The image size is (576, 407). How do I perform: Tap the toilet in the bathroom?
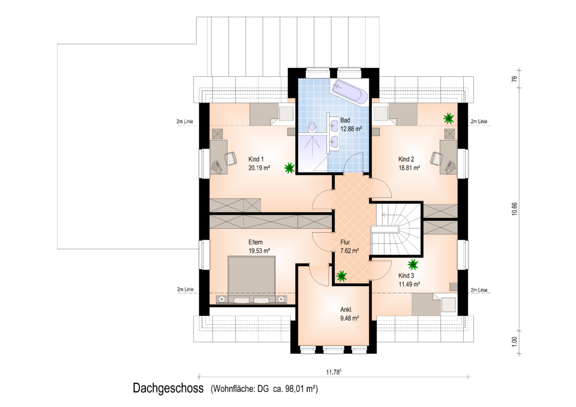click(x=312, y=127)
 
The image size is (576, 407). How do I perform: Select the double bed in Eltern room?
click(x=252, y=279)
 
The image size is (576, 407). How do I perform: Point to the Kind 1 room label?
click(x=256, y=159)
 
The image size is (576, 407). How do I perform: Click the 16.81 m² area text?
click(x=409, y=168)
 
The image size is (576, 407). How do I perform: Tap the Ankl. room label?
click(x=346, y=310)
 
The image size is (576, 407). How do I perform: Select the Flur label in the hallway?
click(x=345, y=242)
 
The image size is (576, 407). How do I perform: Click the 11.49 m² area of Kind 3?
click(x=409, y=284)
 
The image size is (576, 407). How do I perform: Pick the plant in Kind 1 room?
click(x=289, y=168)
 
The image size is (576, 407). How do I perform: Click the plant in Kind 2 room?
click(x=448, y=118)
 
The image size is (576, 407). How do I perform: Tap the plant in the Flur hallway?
click(x=342, y=276)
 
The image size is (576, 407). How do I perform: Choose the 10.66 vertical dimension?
click(x=514, y=208)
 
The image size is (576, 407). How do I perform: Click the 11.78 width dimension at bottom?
click(x=334, y=372)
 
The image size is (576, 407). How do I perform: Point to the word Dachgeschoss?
click(x=168, y=388)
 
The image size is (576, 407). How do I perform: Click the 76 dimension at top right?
click(x=514, y=78)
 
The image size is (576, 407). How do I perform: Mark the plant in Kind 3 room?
click(x=413, y=265)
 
